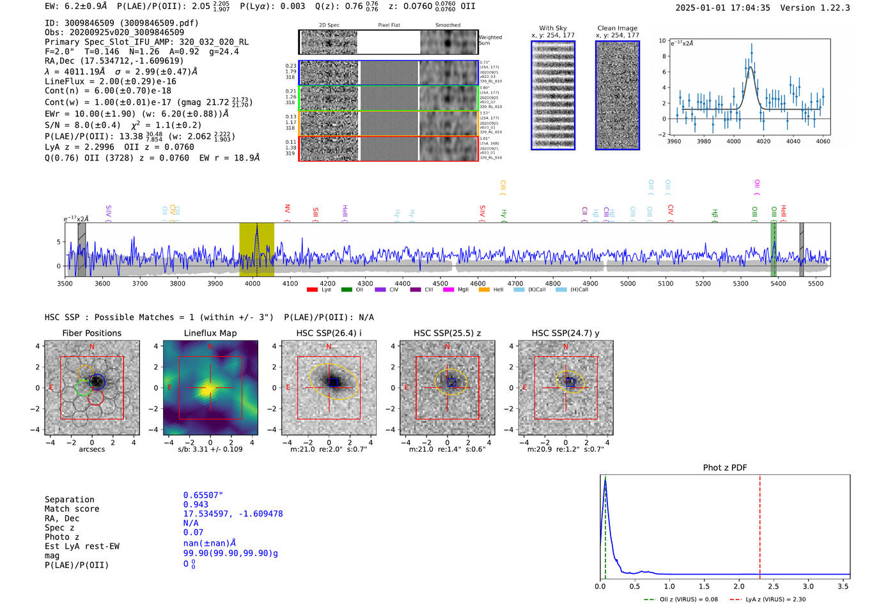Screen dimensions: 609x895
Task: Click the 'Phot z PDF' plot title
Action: click(x=725, y=468)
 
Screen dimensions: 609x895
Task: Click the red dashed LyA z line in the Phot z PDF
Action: click(x=760, y=524)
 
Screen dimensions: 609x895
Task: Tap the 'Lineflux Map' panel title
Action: click(x=210, y=333)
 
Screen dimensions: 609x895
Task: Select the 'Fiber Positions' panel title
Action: click(x=91, y=333)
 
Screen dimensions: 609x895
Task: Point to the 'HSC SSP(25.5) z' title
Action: click(x=447, y=333)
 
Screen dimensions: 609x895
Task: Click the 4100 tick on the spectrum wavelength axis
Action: click(x=290, y=284)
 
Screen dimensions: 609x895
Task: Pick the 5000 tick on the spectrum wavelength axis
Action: click(x=628, y=284)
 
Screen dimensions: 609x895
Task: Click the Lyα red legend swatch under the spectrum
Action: click(x=312, y=290)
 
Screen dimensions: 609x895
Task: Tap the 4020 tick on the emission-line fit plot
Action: click(x=763, y=141)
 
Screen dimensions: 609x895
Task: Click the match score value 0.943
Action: click(x=196, y=505)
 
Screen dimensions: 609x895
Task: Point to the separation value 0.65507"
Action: click(x=203, y=495)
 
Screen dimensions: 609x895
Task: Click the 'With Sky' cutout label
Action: click(x=553, y=28)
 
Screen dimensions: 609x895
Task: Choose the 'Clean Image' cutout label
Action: click(x=617, y=28)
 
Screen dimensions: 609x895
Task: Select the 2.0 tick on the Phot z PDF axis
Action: click(x=739, y=586)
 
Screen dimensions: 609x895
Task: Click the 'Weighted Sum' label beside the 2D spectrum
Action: click(x=490, y=40)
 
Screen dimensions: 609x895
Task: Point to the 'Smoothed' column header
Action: click(x=447, y=26)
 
